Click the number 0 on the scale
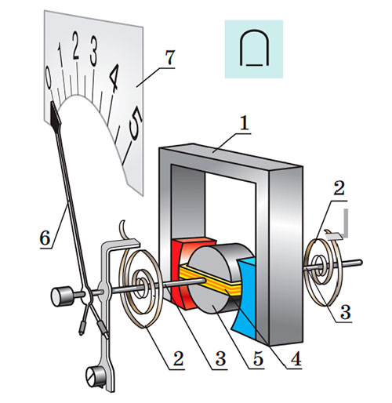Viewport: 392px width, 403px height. (49, 77)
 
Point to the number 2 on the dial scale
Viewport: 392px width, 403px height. (76, 45)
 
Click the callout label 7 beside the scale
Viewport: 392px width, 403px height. (170, 57)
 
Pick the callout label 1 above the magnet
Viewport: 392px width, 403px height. (245, 122)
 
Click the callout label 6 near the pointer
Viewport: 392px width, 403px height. (45, 238)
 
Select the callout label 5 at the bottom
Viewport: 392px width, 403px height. (257, 358)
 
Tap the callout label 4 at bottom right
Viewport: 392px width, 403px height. (296, 358)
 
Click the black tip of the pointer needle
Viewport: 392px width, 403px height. (56, 115)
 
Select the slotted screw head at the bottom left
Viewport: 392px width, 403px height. (93, 376)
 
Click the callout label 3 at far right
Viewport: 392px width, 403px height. (345, 312)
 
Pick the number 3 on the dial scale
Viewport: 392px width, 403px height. (93, 51)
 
